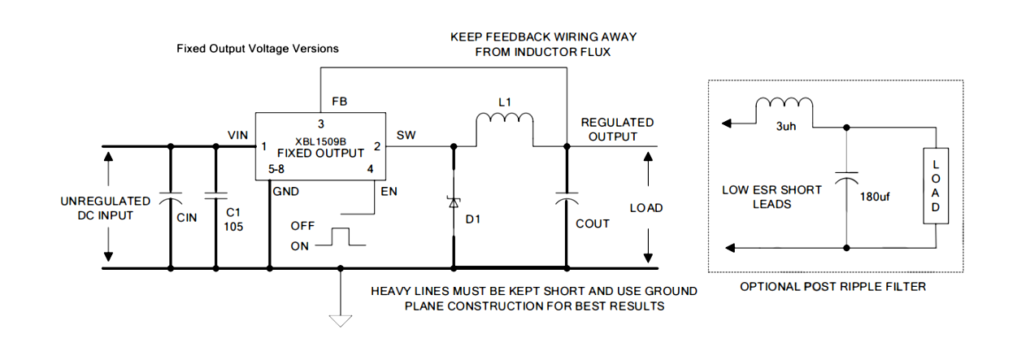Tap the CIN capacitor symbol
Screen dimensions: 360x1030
(170, 198)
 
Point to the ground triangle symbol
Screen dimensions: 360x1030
(341, 319)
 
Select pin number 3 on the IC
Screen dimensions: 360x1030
(321, 124)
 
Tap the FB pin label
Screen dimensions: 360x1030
(340, 102)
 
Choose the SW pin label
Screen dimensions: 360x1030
(406, 134)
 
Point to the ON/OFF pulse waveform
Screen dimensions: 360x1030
(337, 236)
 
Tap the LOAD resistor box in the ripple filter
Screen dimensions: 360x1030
(936, 186)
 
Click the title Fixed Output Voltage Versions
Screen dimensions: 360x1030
(258, 49)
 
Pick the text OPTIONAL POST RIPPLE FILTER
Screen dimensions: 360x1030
(833, 286)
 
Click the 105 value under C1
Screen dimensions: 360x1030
(234, 227)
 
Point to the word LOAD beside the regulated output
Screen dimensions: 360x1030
(646, 208)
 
